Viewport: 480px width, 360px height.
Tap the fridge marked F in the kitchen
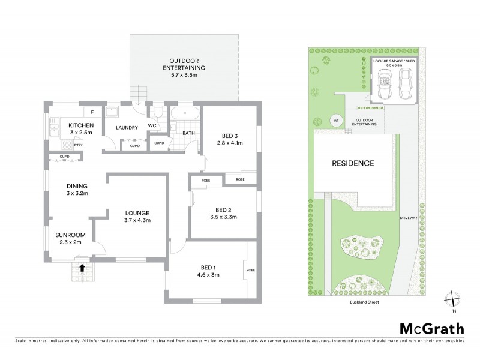92,112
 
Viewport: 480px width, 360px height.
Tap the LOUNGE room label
137,213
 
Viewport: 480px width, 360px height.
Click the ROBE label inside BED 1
250,271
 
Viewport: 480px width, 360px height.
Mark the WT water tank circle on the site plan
335,119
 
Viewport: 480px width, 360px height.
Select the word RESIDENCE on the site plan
353,163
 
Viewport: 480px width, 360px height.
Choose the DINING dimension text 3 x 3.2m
77,193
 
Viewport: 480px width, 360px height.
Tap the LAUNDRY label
128,127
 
